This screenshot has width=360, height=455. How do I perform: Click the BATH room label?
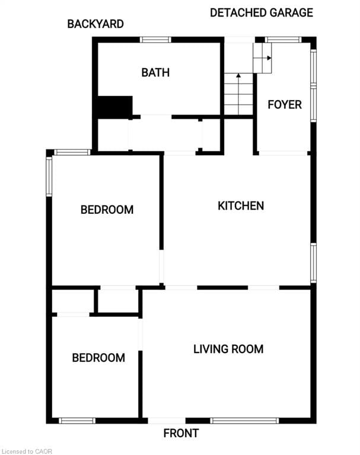(x=155, y=72)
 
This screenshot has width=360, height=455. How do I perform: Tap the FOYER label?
(x=285, y=105)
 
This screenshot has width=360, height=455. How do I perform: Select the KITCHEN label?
(x=240, y=206)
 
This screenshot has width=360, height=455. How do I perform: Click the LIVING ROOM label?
(x=228, y=349)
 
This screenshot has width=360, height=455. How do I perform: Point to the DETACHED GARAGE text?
(x=261, y=12)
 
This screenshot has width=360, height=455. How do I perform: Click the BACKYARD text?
(x=95, y=24)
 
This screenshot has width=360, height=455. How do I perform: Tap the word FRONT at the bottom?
(x=181, y=433)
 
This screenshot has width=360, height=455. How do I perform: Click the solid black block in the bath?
(x=114, y=107)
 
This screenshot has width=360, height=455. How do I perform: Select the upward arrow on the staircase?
(x=238, y=76)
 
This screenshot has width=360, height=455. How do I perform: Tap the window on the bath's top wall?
(x=155, y=40)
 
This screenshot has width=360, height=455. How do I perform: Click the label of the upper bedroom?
(x=107, y=209)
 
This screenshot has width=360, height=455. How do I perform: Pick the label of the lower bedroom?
(x=98, y=357)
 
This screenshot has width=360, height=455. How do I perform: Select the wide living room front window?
(x=244, y=421)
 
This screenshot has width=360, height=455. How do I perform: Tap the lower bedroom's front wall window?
(x=77, y=421)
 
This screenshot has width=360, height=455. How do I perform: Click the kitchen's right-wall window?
(x=313, y=263)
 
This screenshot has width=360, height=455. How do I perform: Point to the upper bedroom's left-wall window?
(x=49, y=176)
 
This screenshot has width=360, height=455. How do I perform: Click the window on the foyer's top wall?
(x=283, y=40)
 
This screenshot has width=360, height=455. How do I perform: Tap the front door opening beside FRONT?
(x=167, y=421)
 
